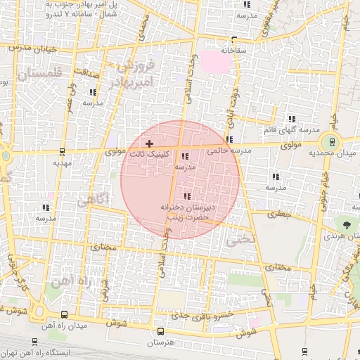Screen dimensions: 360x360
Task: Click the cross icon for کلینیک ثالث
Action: [149, 143]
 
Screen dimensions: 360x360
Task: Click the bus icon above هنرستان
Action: [160, 331]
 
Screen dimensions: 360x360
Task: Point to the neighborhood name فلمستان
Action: [38, 73]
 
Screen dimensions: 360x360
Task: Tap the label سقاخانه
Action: [234, 51]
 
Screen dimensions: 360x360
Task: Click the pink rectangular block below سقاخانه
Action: [216, 62]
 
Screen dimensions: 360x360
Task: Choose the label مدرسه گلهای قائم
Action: [291, 130]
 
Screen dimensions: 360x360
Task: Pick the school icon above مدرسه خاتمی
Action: [230, 139]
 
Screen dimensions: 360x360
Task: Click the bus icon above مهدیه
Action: [63, 150]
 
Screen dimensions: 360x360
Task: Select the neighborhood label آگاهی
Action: [91, 200]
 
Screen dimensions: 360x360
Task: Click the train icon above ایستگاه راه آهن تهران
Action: [304, 352]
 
